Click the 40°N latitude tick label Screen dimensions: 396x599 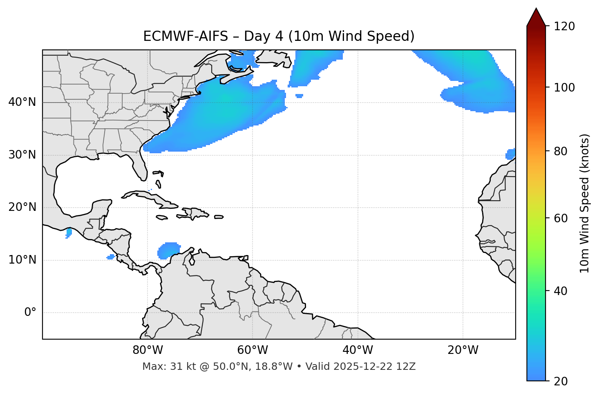tap(22, 102)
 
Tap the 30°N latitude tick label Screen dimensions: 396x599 tap(22, 155)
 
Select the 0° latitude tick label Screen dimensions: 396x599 tap(30, 313)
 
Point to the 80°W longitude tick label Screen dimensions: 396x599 tap(148, 350)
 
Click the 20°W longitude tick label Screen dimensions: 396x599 tap(463, 350)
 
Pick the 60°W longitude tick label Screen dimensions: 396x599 tap(253, 350)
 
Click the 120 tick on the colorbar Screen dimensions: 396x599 tap(564, 27)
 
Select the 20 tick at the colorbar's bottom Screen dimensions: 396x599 tap(561, 381)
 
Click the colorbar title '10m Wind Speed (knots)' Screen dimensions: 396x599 tap(585, 203)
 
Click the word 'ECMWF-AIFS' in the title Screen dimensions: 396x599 tap(186, 36)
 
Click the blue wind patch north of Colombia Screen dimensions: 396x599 tap(168, 250)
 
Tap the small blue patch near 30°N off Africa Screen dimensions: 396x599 tap(510, 154)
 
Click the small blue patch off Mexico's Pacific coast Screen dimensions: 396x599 tap(69, 233)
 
